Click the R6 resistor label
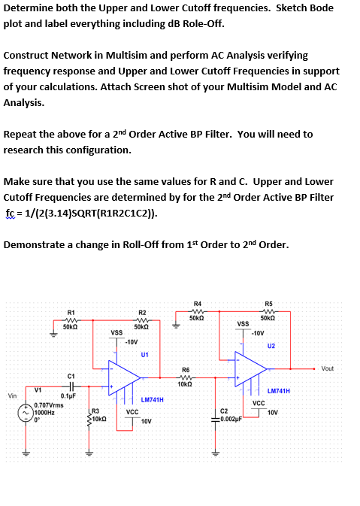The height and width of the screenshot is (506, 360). [185, 368]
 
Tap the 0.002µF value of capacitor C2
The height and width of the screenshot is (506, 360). [228, 418]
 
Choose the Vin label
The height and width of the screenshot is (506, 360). [11, 395]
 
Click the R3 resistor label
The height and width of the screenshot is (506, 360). [95, 411]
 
